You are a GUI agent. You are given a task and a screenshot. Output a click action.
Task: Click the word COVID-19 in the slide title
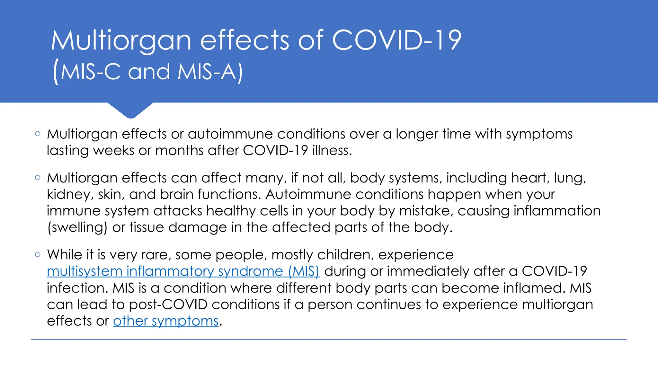tap(396, 40)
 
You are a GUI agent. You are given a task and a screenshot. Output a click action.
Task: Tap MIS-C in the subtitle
tap(91, 72)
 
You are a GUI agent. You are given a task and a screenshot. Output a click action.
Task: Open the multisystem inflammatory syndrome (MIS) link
tap(183, 271)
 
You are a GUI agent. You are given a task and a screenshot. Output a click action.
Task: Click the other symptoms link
tap(166, 321)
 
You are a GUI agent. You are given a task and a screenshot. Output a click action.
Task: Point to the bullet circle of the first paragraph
tap(38, 134)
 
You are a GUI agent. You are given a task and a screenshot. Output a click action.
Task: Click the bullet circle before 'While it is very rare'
tap(38, 255)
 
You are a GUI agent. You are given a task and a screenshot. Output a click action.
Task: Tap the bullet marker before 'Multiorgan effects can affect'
tap(38, 178)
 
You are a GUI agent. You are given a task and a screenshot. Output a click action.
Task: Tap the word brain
tap(177, 194)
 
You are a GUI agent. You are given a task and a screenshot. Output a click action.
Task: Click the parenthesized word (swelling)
tap(77, 228)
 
